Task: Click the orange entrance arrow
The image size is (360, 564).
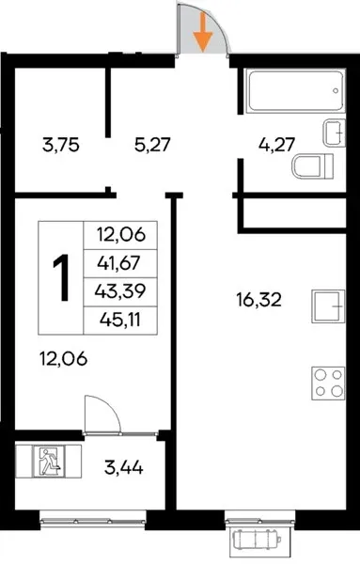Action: (203, 33)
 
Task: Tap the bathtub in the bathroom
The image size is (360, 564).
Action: (295, 91)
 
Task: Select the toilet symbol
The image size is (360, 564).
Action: (313, 165)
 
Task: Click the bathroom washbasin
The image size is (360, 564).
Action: (334, 133)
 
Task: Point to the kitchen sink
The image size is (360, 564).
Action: (328, 306)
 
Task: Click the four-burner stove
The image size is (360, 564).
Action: (328, 384)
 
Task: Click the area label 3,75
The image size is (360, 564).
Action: (60, 146)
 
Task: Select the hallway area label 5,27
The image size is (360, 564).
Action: (151, 146)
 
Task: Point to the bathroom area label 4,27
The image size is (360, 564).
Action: (277, 146)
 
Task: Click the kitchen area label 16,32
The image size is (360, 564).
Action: (258, 300)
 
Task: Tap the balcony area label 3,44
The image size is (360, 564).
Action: (124, 468)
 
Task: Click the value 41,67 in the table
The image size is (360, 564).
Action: (118, 264)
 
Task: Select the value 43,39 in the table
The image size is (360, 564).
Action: (120, 291)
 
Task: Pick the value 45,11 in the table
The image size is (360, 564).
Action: (120, 320)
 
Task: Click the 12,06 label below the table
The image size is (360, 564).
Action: (63, 359)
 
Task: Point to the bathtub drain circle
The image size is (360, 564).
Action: (336, 91)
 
